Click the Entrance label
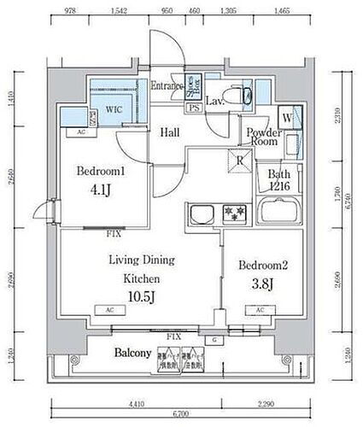(167, 86)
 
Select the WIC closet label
(114, 109)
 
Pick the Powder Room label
(265, 137)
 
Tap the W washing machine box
(287, 118)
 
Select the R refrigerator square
(242, 160)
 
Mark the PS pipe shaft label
(194, 109)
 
